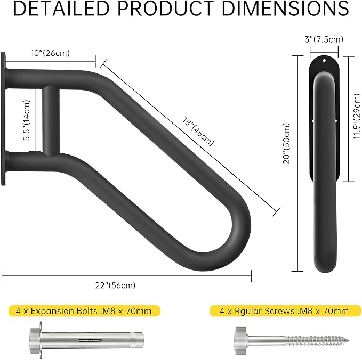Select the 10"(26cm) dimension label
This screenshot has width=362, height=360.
click(x=50, y=52)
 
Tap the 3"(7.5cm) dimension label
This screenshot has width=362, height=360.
click(x=324, y=39)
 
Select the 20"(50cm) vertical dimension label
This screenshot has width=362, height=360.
click(x=286, y=144)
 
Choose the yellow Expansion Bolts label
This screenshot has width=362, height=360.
click(x=84, y=311)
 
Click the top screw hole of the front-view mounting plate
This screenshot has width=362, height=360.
click(x=324, y=61)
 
